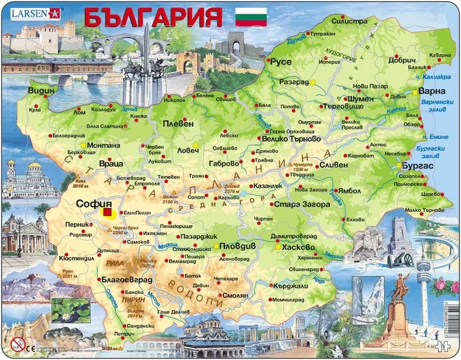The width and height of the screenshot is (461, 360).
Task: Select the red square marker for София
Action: pos(107,212)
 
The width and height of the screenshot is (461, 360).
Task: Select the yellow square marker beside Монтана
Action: pos(82,145)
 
